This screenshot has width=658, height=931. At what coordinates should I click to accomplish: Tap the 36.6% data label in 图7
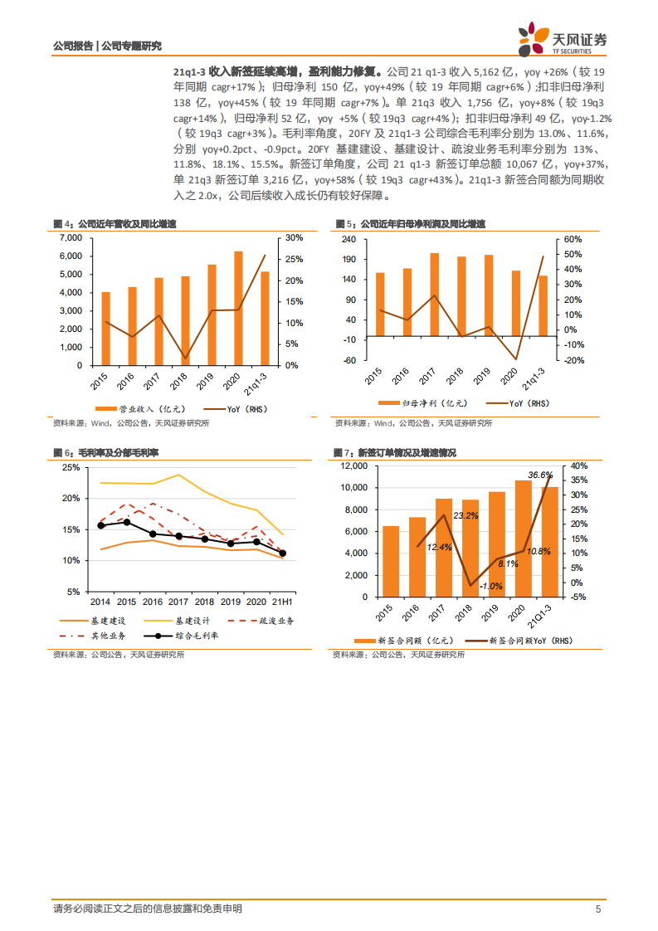pos(540,475)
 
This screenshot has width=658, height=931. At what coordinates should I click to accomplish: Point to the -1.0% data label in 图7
pos(491,586)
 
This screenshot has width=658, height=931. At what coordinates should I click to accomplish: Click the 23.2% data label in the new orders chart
pos(465,515)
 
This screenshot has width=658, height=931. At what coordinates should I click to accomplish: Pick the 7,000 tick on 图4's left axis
pos(71,237)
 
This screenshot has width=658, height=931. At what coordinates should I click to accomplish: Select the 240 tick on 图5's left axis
pos(348,239)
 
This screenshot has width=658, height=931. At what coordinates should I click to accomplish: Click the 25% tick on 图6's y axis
pos(71,467)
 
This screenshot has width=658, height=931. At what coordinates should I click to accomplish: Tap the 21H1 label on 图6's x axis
pos(282,602)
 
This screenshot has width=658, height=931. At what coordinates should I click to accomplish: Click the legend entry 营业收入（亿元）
pos(138,409)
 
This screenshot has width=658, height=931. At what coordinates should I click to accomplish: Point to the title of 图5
pos(410,224)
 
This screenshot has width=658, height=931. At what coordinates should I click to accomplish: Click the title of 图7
pos(394,452)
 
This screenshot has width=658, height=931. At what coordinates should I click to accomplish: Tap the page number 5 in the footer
pos(597,909)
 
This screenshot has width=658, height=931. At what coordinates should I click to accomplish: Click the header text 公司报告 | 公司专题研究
pos(107,46)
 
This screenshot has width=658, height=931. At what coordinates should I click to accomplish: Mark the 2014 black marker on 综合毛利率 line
pos(101,525)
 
